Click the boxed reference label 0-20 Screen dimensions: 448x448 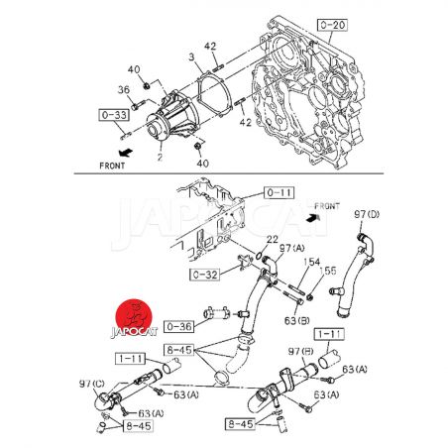(332, 25)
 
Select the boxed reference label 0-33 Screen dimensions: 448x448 (114, 115)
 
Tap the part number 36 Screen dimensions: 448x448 (124, 90)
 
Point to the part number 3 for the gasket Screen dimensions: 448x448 (192, 57)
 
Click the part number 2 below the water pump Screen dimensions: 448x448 (160, 157)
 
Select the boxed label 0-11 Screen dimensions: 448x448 (279, 192)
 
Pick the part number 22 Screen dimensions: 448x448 (272, 239)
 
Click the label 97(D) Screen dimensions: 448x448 (367, 214)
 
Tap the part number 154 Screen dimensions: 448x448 (311, 262)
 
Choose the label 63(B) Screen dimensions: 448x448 (297, 320)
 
